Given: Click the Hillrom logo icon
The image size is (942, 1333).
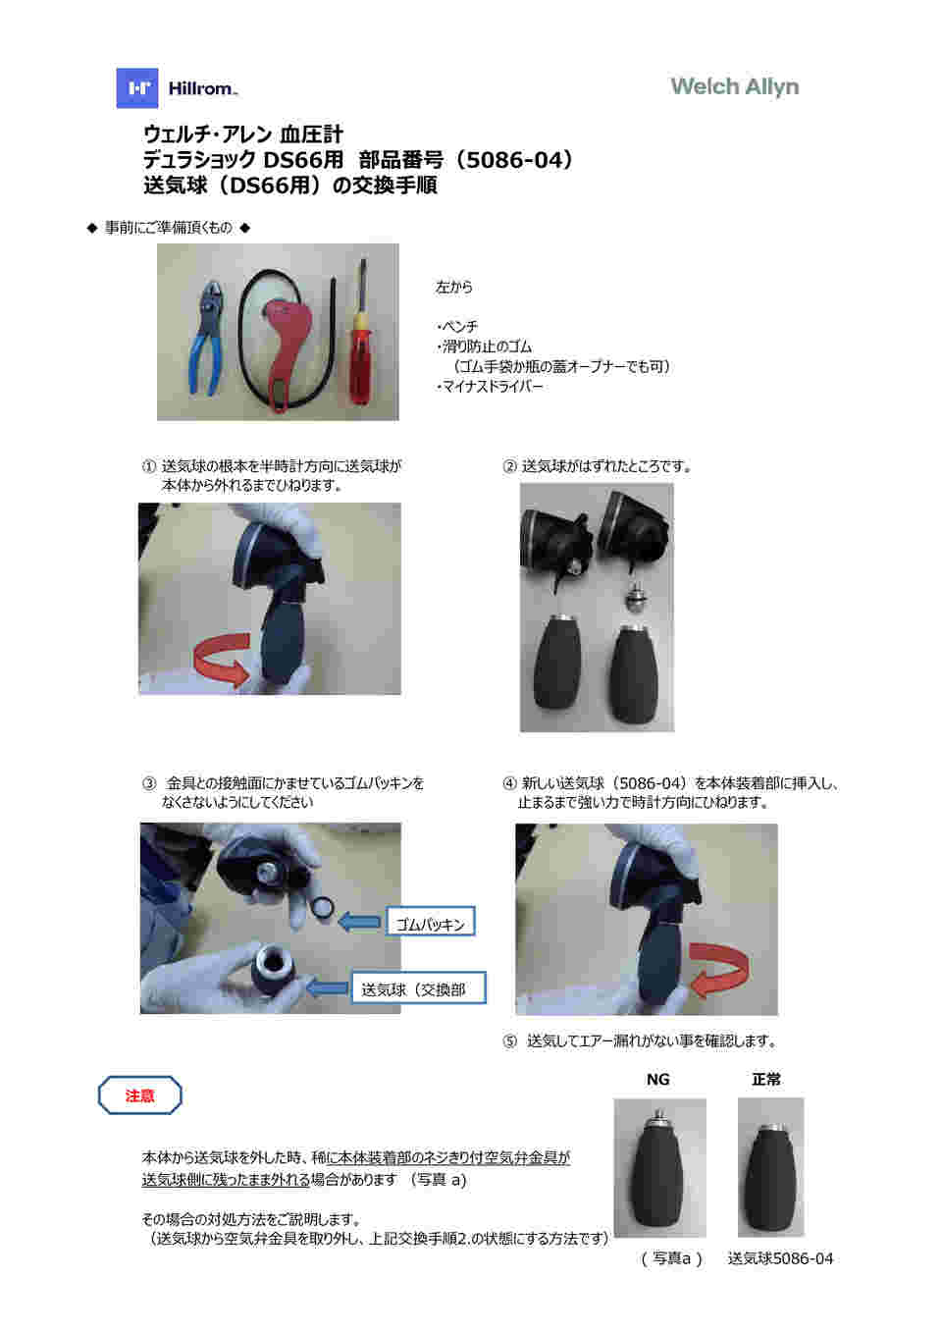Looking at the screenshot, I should point(137,88).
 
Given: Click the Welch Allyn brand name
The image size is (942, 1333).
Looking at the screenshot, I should point(734,86).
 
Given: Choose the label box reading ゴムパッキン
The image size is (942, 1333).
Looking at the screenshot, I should point(430,923).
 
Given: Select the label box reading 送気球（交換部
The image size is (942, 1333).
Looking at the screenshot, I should point(418,988).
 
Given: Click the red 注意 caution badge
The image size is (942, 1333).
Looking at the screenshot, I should point(139,1095).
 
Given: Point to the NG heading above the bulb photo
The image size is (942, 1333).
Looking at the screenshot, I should point(657,1079).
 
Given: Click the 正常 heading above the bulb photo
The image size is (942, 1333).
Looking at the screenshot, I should point(765,1079).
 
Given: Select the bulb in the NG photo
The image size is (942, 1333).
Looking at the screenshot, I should point(659,1173).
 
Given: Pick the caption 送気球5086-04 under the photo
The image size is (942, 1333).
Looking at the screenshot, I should point(780,1258).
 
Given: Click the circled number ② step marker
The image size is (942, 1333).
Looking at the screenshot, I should point(509,466).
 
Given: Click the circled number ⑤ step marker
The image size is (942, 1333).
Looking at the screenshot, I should point(509,1040).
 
